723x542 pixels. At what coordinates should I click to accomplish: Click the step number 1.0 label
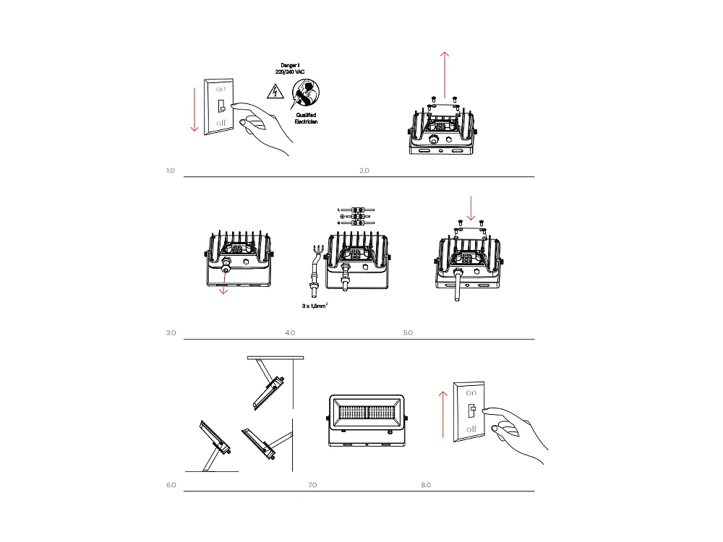[x=171, y=171]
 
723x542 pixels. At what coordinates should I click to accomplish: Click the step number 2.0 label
[x=364, y=171]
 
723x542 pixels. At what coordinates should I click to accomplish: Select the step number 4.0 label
[x=290, y=333]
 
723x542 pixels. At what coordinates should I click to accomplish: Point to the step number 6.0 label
[x=171, y=485]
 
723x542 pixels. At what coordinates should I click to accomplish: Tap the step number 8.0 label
[x=426, y=485]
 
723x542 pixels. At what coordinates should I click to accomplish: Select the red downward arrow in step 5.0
[x=471, y=207]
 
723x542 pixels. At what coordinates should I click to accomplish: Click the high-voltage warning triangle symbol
[x=274, y=91]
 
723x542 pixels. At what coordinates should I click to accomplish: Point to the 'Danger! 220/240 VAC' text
[x=290, y=69]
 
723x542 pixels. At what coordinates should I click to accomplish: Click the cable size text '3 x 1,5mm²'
[x=315, y=306]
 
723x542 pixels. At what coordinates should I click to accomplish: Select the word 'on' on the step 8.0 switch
[x=471, y=393]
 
